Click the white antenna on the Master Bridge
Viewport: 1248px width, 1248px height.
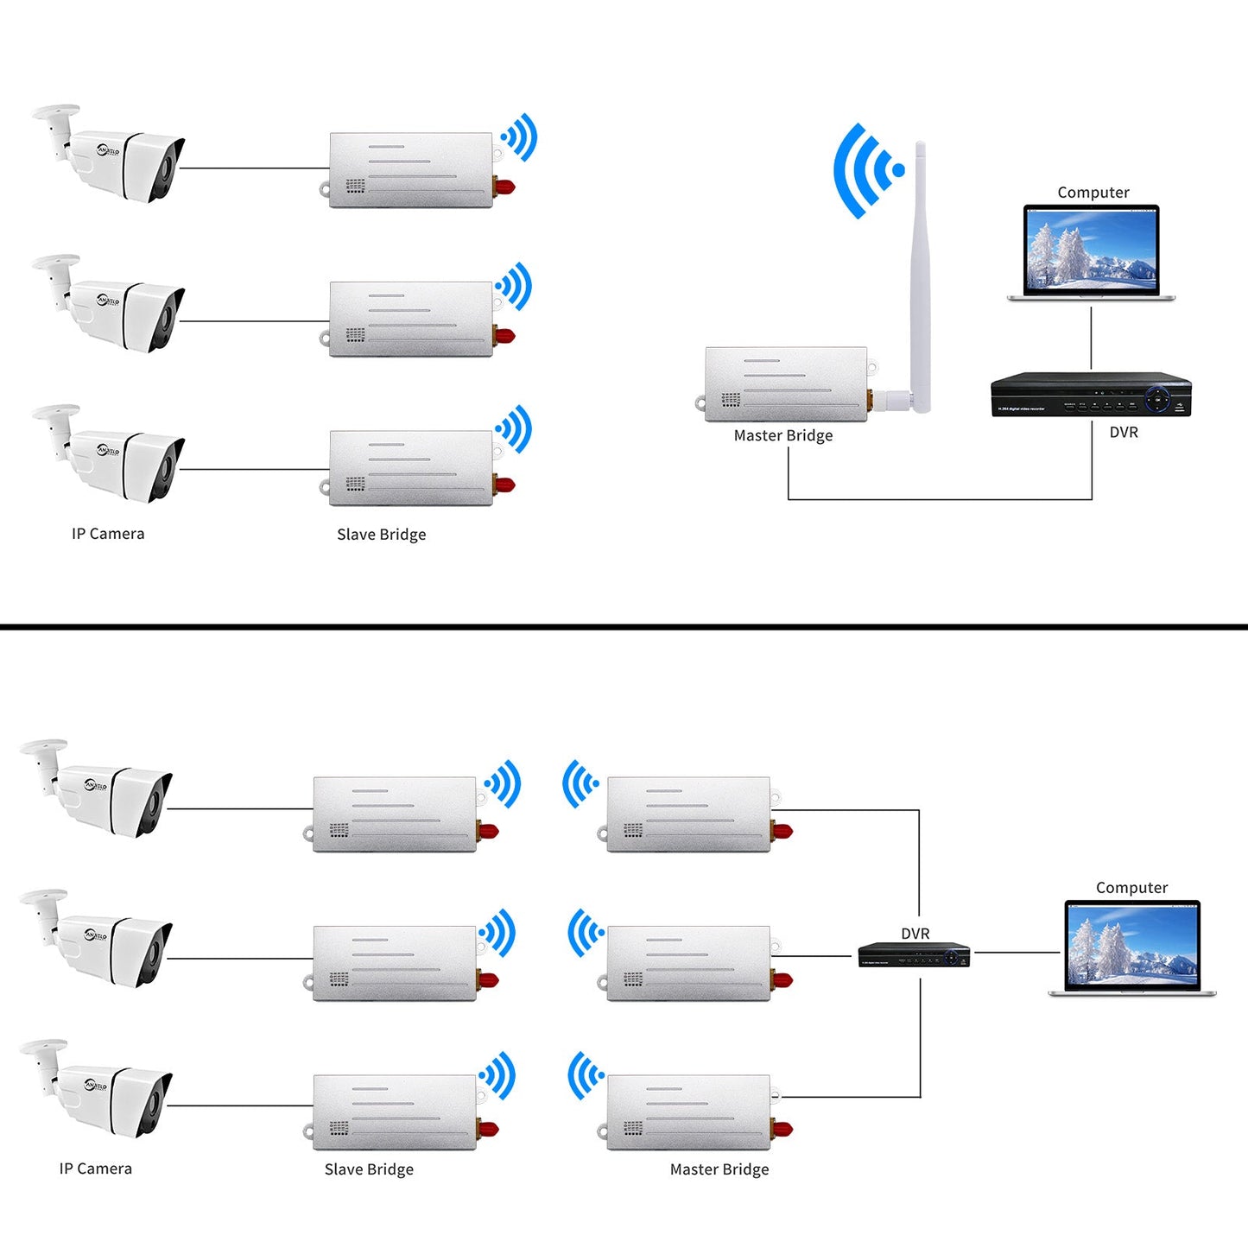point(920,276)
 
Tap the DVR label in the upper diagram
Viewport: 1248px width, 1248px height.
point(1124,432)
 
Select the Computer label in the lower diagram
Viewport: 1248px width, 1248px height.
point(1131,888)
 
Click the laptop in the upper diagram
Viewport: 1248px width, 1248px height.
point(1091,252)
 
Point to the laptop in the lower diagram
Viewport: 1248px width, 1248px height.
point(1132,948)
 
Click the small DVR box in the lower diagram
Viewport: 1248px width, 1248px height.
point(914,955)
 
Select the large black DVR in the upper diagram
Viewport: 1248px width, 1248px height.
point(1091,395)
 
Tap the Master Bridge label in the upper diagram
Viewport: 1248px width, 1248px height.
point(783,435)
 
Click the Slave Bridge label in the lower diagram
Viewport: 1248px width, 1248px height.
point(369,1169)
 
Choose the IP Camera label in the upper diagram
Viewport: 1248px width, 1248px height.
point(108,534)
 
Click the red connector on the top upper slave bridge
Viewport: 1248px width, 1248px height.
point(504,186)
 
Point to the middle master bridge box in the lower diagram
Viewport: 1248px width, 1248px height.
point(688,964)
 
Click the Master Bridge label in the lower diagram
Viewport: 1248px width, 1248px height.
point(719,1169)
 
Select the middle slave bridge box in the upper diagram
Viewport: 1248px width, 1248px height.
point(411,320)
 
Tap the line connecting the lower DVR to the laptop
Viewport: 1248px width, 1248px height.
point(1016,953)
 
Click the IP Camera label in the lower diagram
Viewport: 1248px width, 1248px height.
point(96,1169)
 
